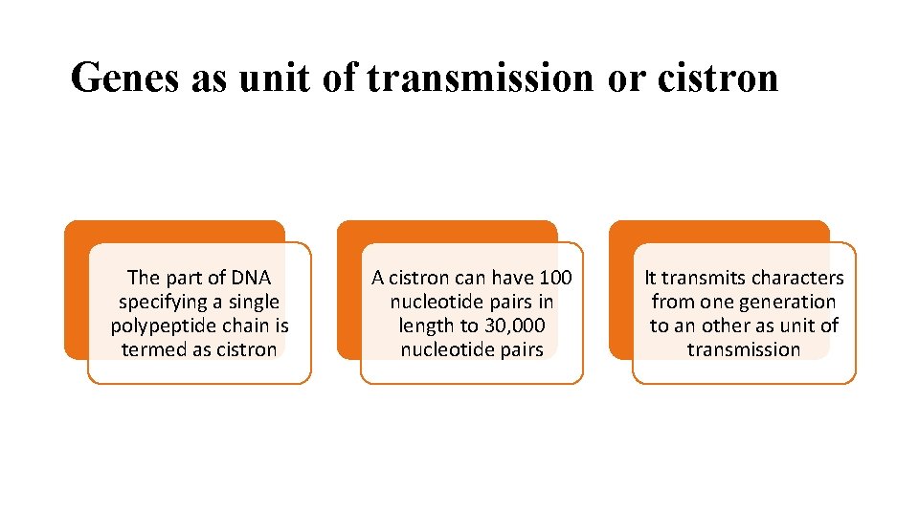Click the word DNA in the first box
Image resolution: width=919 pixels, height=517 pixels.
click(x=250, y=278)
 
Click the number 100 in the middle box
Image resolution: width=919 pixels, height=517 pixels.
click(x=555, y=278)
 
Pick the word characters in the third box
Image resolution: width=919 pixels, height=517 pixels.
click(x=797, y=278)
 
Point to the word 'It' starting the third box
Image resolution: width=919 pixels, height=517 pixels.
click(x=651, y=278)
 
